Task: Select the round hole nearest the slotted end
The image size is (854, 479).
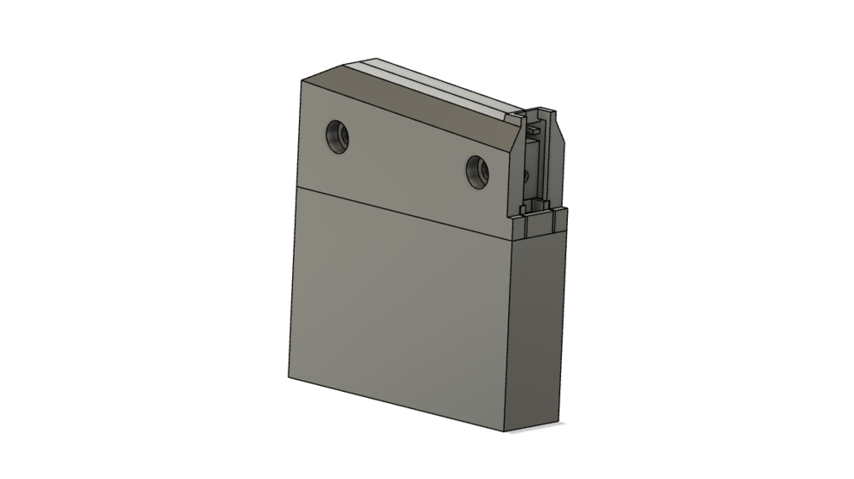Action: coord(479,172)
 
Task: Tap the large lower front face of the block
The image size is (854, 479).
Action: coord(401,307)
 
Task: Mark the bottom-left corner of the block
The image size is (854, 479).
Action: coord(289,377)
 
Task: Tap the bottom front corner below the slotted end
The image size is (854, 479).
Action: coord(510,429)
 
